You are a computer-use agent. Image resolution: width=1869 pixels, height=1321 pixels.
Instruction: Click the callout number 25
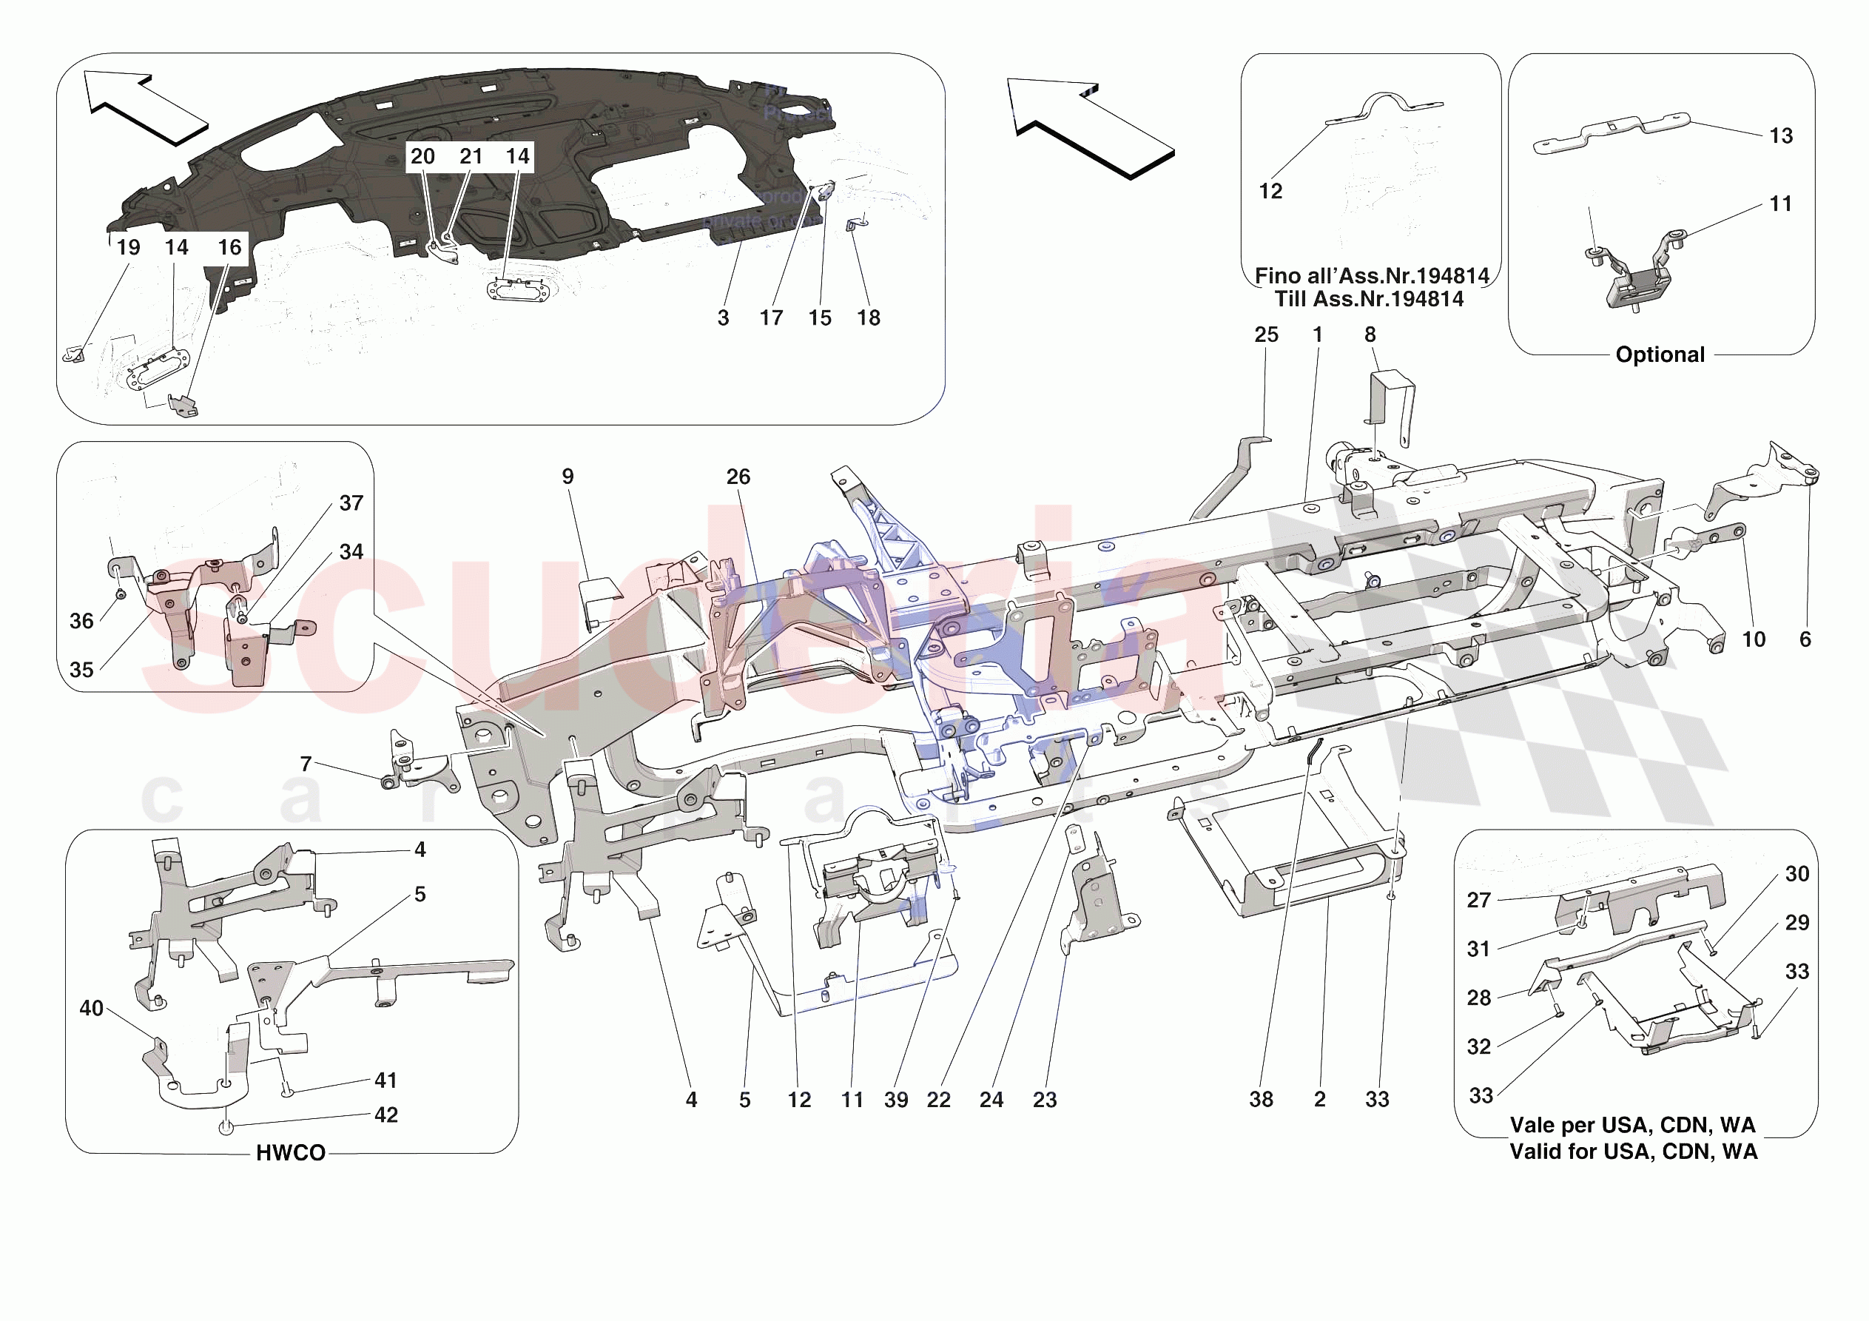click(x=1266, y=335)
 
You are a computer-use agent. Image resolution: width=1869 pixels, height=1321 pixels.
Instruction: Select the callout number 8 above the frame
click(x=1370, y=335)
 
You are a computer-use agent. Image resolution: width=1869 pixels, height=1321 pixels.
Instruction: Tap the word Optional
click(x=1659, y=355)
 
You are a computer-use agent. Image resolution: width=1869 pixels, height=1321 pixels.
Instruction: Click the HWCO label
click(x=291, y=1152)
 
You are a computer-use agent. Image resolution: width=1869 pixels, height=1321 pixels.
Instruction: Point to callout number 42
click(x=385, y=1115)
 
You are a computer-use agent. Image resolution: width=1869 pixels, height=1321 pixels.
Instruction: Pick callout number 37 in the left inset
click(x=351, y=503)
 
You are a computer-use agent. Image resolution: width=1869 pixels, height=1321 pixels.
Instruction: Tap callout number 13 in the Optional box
click(x=1781, y=136)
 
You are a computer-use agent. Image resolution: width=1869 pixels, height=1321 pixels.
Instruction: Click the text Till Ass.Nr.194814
click(x=1368, y=299)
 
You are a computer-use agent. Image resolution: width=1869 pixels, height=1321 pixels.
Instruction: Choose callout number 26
click(x=738, y=477)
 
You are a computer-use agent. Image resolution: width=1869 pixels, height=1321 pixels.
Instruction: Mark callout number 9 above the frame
click(x=568, y=477)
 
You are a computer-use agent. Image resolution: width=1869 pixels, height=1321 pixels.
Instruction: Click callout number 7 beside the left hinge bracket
click(x=306, y=764)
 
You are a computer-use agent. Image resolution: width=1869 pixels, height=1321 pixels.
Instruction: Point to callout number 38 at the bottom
click(x=1261, y=1100)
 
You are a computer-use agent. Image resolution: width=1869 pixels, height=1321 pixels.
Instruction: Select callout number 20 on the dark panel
click(x=422, y=156)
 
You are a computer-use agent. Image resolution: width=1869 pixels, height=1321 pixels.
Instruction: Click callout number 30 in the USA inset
click(x=1796, y=874)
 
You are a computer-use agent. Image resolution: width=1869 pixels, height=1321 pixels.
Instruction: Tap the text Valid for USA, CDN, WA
click(x=1633, y=1152)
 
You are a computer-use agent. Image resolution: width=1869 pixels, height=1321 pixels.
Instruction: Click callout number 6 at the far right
click(x=1805, y=639)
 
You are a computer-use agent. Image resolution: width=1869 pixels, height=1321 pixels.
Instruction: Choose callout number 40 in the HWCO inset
click(x=91, y=1008)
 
